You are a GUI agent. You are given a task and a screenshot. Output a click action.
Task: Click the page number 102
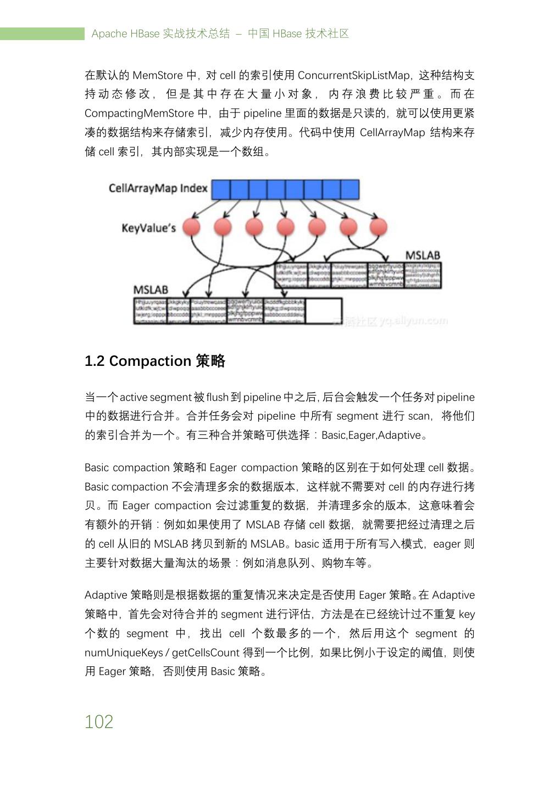[x=99, y=721]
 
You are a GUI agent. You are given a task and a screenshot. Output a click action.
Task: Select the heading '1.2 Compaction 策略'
[x=155, y=361]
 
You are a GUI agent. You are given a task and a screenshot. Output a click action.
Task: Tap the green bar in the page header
[x=42, y=34]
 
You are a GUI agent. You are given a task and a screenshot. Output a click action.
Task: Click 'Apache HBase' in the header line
[x=125, y=34]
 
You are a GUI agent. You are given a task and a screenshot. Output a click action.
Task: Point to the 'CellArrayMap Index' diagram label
[x=158, y=188]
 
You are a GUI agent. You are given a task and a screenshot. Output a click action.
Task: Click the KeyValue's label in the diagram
[x=148, y=227]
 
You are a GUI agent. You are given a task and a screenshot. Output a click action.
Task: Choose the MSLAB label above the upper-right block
[x=423, y=255]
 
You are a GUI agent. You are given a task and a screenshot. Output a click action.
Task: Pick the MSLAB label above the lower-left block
[x=151, y=290]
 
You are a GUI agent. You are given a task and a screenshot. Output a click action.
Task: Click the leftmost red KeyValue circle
[x=191, y=227]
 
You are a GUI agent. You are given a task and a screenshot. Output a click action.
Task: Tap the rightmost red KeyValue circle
[x=378, y=227]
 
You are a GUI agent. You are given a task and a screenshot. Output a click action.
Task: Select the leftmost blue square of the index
[x=221, y=190]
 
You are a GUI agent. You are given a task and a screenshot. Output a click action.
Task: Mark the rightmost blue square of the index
[x=350, y=190]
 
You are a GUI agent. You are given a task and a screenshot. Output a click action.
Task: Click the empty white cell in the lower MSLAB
[x=323, y=311]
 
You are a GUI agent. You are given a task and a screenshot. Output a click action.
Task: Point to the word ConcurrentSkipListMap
[x=354, y=75]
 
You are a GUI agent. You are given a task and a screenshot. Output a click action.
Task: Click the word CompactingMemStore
[x=139, y=114]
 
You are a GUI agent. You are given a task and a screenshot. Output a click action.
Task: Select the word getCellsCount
[x=206, y=653]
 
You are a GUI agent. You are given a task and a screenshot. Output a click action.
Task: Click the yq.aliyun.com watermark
[x=413, y=321]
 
